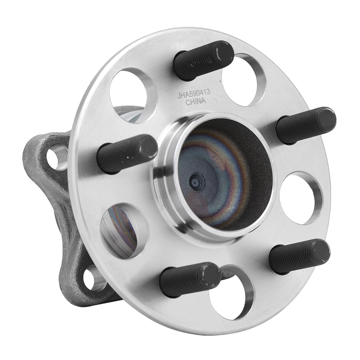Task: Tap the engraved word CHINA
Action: click(195, 102)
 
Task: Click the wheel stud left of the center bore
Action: click(127, 153)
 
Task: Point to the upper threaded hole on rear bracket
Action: click(58, 158)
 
